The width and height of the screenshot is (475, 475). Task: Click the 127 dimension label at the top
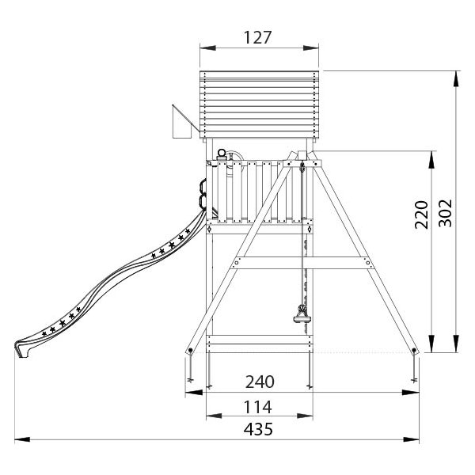click(258, 37)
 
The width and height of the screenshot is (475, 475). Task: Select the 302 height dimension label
click(446, 213)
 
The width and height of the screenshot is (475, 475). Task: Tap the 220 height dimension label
click(421, 215)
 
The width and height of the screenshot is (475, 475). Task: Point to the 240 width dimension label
click(260, 382)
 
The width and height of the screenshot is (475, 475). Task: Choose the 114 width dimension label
click(258, 407)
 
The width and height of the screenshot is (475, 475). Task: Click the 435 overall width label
click(258, 429)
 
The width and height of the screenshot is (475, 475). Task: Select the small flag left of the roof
click(182, 121)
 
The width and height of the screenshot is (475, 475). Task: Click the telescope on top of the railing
click(222, 155)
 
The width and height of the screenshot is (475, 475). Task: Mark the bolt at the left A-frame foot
click(190, 351)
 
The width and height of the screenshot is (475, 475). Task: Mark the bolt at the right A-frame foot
click(414, 351)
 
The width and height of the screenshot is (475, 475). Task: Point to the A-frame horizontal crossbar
click(302, 263)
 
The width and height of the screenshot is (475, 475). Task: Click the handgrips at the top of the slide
click(203, 194)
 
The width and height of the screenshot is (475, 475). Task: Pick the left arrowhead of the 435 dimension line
click(22, 439)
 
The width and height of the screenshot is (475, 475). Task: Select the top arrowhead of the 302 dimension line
click(455, 78)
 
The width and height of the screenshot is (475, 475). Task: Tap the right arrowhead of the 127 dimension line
click(311, 47)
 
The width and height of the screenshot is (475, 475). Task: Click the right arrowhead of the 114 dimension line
click(305, 416)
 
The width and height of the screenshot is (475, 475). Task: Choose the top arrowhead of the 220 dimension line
click(431, 159)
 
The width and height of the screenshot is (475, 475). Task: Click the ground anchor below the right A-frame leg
click(414, 370)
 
